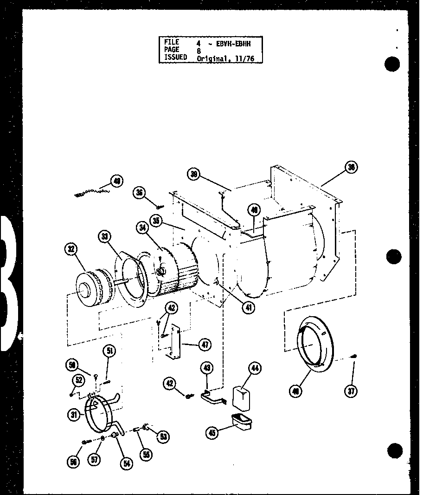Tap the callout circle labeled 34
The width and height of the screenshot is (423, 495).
point(142,228)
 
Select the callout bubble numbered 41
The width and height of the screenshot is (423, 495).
point(250,307)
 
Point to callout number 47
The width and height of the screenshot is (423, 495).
point(205,345)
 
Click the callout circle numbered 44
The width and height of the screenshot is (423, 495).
point(255,369)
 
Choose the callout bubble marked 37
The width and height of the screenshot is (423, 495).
point(352,391)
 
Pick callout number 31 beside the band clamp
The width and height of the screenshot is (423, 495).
point(74,415)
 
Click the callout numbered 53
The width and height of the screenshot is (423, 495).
point(163,436)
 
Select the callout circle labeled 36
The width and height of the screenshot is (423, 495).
point(139,192)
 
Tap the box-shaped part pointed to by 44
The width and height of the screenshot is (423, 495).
point(240,398)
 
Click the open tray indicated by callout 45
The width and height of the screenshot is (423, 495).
point(240,422)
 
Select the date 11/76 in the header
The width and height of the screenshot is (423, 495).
point(245,59)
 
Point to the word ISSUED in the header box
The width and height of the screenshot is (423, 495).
point(175,57)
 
